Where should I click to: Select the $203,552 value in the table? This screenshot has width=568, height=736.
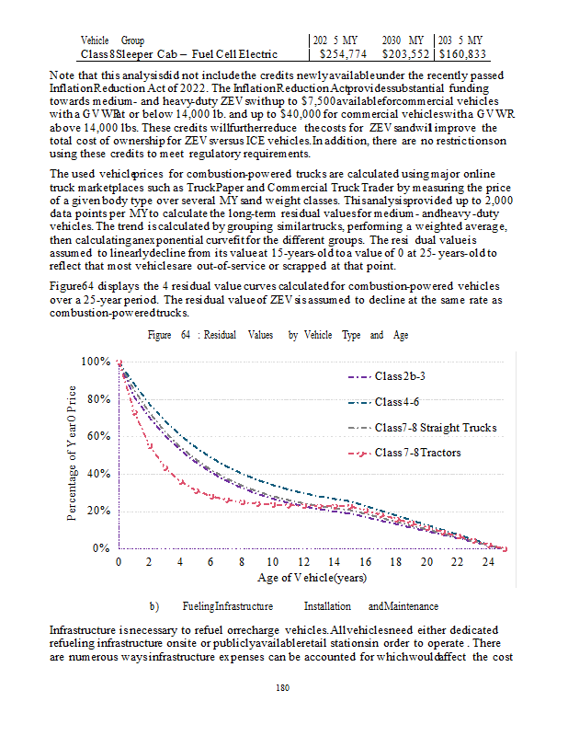coord(404,54)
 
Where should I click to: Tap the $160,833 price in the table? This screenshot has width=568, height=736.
coord(462,54)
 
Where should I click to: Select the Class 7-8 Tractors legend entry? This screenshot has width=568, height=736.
coord(418,453)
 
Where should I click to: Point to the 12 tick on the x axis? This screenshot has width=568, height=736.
coord(303,561)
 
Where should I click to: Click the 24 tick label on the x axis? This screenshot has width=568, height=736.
coord(487,561)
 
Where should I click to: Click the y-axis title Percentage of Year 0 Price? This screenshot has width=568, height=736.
coord(74,454)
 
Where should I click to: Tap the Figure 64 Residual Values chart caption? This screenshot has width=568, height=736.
coord(278,336)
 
